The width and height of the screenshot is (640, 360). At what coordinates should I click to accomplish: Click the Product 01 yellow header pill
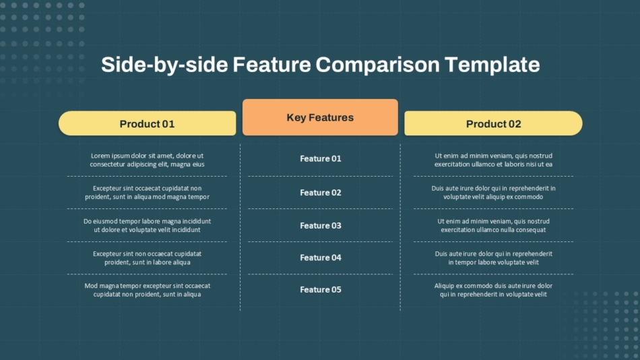pos(148,123)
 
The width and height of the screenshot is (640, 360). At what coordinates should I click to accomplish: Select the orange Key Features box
pos(320,117)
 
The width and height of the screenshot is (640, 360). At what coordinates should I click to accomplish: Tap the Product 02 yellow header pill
pos(493,123)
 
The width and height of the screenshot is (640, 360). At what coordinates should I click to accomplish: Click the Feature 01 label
pos(321,158)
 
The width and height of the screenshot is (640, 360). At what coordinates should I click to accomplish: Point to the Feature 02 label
pos(321,192)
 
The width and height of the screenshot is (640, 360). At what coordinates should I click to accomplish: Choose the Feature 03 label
pos(321,226)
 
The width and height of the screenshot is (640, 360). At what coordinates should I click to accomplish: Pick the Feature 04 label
pos(321,258)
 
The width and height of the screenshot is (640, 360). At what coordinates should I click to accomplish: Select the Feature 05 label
pos(321,289)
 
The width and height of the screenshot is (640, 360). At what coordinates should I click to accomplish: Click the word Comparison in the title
pos(377,65)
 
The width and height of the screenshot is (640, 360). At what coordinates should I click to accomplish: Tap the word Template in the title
pos(492,65)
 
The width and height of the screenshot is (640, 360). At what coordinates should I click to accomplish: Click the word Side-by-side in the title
pos(164,65)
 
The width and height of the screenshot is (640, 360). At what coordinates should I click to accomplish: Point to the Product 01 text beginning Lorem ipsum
pos(147,160)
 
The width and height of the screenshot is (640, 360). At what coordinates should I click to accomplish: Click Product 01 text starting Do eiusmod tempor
pos(147,226)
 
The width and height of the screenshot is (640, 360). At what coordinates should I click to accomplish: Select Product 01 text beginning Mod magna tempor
pos(147,290)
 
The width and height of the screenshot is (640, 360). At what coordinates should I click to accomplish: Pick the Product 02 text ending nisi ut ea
pos(493,160)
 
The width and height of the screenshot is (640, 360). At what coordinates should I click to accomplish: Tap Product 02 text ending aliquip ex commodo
pos(493,192)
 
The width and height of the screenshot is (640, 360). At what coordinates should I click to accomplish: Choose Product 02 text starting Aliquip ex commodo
pos(493,290)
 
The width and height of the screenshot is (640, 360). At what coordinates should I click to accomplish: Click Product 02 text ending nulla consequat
pos(493,226)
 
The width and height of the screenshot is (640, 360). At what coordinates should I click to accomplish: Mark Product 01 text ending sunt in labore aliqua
pos(147,258)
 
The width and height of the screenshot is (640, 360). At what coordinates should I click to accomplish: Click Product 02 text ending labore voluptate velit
pos(493,258)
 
